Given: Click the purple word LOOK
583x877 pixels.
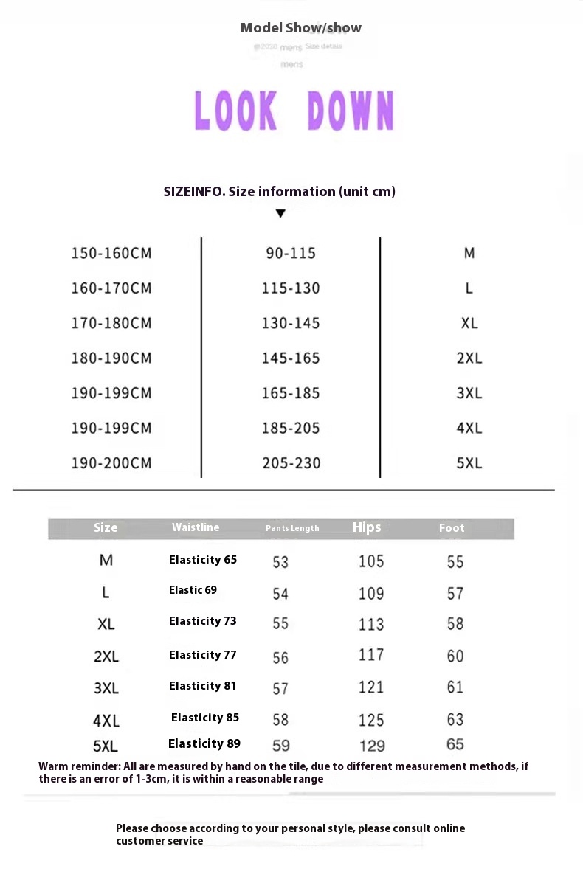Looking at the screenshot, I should coord(235,111).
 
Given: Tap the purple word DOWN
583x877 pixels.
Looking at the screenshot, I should coord(351,111).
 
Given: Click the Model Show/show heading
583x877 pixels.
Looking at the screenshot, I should coord(301,28).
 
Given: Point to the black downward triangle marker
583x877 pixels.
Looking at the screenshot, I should coord(280,214).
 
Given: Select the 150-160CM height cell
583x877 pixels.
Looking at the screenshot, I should coord(111,254).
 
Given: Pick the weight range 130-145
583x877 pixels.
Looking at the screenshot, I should coord(291,323).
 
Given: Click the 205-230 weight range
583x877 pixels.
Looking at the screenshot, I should coord(291,463).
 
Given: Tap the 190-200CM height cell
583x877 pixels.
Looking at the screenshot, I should coord(111,463).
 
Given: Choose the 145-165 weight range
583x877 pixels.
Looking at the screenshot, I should coord(291,358).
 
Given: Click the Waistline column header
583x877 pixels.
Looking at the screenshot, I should coord(196,527).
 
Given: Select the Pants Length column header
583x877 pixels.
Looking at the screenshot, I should coord(292,528).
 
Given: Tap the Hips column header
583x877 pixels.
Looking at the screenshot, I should coord(367,527).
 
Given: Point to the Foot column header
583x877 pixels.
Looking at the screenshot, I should coord(452,528).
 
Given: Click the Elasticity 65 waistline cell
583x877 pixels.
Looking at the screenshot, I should coord(203,560).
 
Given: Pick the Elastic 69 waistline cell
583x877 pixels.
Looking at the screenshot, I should coord(193,590).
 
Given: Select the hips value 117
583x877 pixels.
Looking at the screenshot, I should coord(371,655).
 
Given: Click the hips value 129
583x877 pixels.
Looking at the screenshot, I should coord(372,746).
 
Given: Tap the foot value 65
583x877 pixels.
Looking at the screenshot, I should coord(455,744).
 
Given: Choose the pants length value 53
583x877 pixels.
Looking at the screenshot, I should coord(280,562).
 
